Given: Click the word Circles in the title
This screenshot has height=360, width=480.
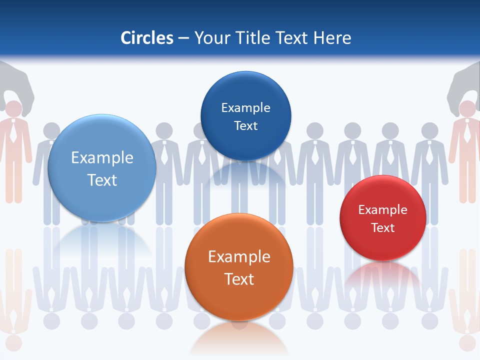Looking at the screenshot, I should tap(147, 38).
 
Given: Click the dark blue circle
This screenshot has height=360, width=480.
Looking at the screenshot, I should tap(245, 116).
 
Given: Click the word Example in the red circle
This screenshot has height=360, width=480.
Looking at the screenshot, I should tap(383, 210).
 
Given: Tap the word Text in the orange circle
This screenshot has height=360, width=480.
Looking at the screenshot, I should tap(239, 279).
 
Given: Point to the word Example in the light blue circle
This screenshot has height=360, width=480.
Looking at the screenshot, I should tap(102, 158).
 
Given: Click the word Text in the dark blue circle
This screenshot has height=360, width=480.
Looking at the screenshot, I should tap(245, 126).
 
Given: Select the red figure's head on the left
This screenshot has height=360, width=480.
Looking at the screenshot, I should tap(13, 108).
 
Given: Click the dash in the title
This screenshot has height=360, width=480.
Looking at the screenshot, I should tap(183, 38).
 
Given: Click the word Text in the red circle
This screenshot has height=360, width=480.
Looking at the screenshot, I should tap(383, 228).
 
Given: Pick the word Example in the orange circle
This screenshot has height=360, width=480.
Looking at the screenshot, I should tap(239, 257).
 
